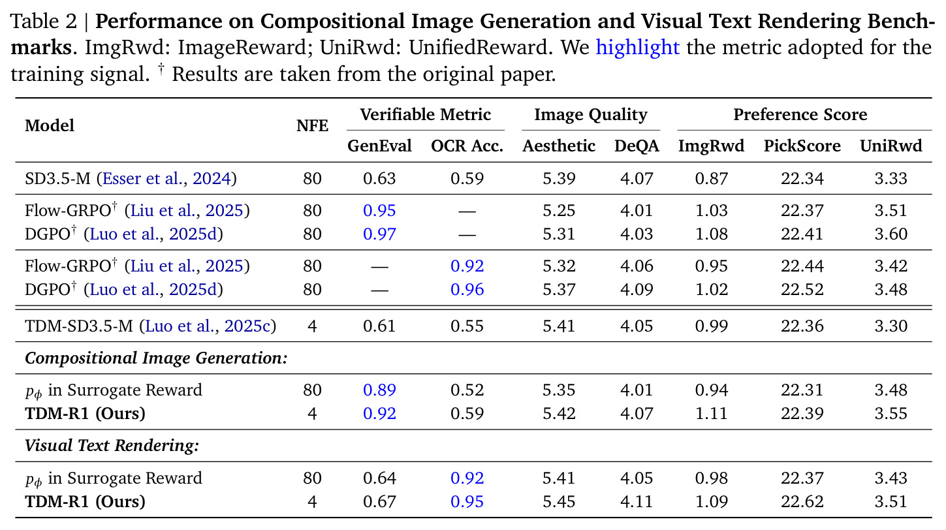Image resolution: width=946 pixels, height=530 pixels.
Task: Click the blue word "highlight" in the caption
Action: [x=637, y=48]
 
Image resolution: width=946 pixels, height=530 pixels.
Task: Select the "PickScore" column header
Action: [x=802, y=146]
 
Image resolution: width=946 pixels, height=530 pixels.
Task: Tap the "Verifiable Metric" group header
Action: [x=425, y=114]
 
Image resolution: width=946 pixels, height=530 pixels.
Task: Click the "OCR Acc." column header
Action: [x=467, y=146]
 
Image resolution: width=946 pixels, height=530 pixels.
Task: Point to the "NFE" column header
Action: [x=312, y=126]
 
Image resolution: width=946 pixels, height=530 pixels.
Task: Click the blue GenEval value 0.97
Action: [x=379, y=234]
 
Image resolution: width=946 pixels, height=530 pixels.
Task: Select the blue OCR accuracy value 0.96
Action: [x=467, y=289]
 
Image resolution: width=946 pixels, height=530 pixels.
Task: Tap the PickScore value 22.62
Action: [x=802, y=502]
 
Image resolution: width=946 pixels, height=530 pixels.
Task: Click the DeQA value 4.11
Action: [x=637, y=502]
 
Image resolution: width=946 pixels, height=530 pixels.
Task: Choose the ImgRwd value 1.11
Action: [x=711, y=413]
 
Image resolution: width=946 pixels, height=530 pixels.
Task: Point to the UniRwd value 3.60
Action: [x=891, y=234]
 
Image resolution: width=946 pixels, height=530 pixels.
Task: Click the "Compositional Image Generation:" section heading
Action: [x=156, y=358]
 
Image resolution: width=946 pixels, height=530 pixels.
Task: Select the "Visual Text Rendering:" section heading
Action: [x=112, y=446]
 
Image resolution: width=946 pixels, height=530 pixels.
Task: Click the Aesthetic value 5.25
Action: [x=559, y=210]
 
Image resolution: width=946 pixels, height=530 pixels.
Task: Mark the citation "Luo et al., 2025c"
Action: [x=208, y=326]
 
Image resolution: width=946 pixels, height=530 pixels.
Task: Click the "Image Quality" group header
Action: [x=590, y=115]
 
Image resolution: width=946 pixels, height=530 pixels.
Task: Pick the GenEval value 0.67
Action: [x=379, y=502]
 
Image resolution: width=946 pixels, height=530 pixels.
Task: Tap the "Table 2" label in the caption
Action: [x=44, y=21]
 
